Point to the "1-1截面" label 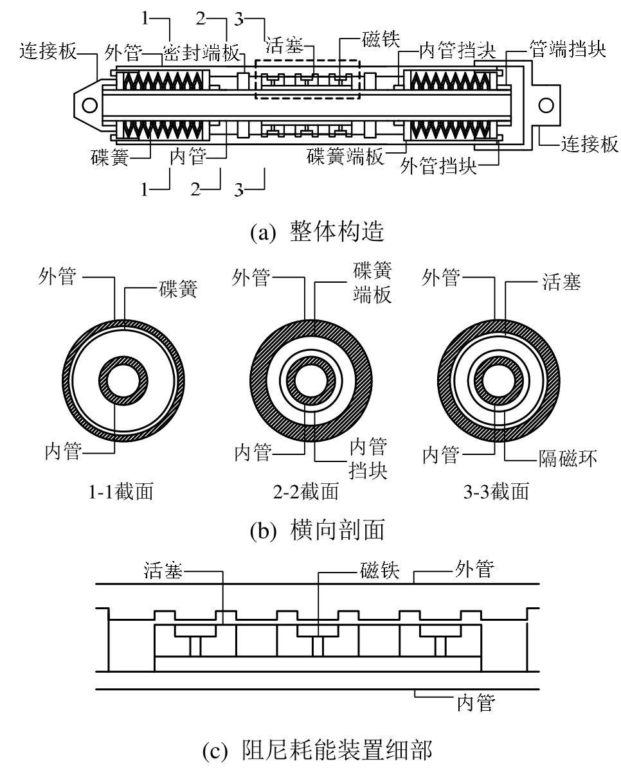[122, 492]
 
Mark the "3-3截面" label [495, 492]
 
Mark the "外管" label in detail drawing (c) [474, 570]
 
